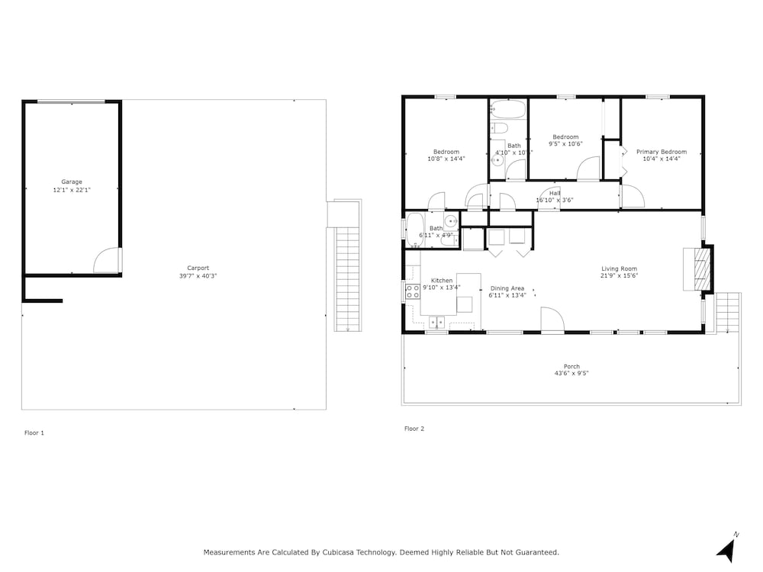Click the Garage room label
click(x=72, y=182)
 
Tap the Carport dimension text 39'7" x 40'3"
click(x=198, y=276)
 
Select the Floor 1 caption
click(x=34, y=433)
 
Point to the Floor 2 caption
click(x=414, y=429)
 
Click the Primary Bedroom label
click(x=662, y=152)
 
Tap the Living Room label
click(x=619, y=268)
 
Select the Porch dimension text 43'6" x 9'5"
click(x=571, y=374)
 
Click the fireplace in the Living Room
click(x=698, y=269)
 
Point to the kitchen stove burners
click(x=413, y=291)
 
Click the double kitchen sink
click(x=436, y=323)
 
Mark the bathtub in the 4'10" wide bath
click(x=508, y=109)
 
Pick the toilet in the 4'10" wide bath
click(x=499, y=128)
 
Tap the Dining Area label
click(x=507, y=288)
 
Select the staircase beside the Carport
click(x=348, y=278)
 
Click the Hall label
click(x=555, y=193)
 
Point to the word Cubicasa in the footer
click(x=338, y=552)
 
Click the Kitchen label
click(x=442, y=281)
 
